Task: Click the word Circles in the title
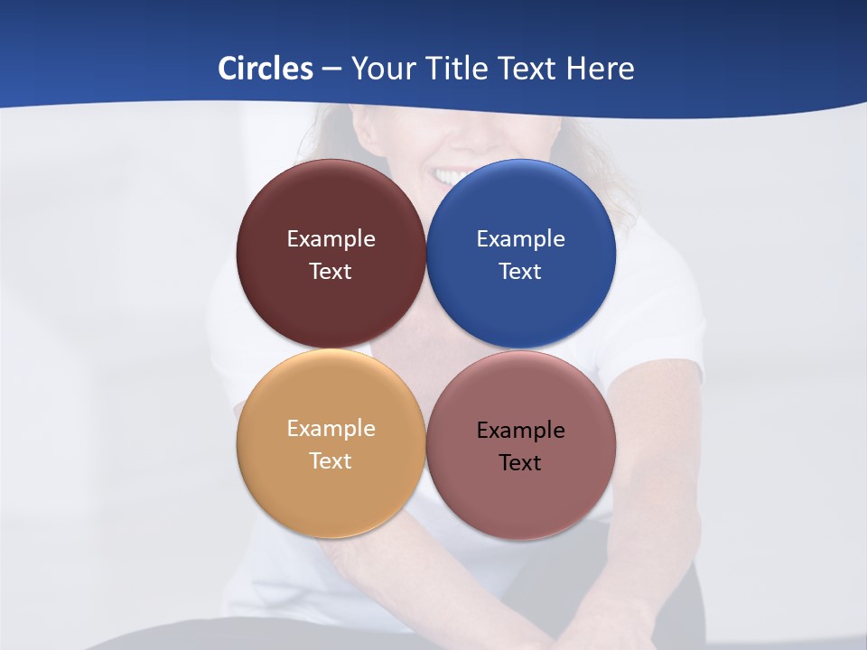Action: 265,69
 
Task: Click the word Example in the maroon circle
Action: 331,239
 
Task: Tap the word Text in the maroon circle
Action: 331,272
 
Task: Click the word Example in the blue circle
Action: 521,239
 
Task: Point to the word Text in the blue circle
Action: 521,272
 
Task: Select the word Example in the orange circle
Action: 331,429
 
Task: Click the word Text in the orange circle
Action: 331,461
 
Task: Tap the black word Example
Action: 521,431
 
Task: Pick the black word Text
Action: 521,463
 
